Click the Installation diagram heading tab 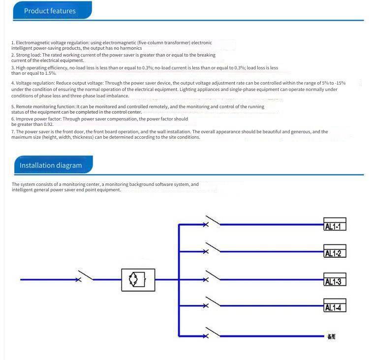click(x=51, y=165)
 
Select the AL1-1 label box click(x=335, y=226)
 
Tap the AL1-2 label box click(x=335, y=253)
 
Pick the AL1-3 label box click(x=335, y=281)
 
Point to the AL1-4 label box click(x=335, y=307)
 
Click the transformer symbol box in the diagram click(x=138, y=280)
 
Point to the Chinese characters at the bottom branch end click(x=331, y=337)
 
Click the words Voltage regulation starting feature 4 click(x=34, y=83)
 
